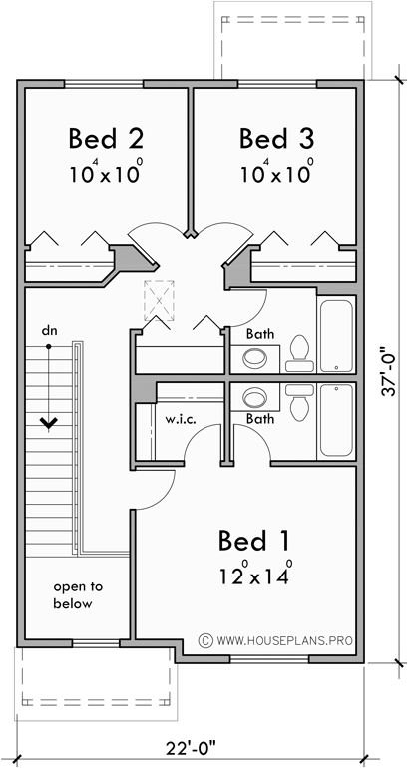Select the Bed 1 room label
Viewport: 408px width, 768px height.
(x=254, y=542)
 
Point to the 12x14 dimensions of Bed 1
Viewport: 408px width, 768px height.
(x=255, y=575)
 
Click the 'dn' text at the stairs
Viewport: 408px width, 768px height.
(x=48, y=329)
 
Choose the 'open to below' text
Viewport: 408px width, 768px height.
(x=73, y=595)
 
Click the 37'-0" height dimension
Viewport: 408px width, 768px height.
(x=391, y=370)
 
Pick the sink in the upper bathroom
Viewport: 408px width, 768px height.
(x=256, y=358)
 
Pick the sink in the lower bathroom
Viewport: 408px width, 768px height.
(x=256, y=398)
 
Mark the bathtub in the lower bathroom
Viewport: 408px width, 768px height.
(x=335, y=421)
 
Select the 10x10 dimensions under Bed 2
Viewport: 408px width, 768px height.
(x=103, y=170)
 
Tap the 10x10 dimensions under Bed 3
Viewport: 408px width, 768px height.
(x=276, y=170)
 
